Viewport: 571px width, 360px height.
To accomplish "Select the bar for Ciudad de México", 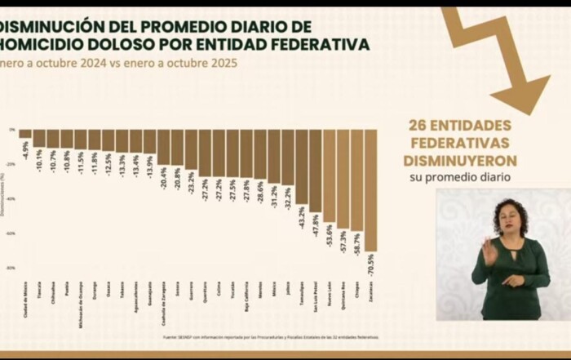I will pyautogui.click(x=25, y=133).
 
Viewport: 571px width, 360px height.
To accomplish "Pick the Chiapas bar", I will pyautogui.click(x=356, y=180).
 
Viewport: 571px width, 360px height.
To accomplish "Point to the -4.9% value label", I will pyautogui.click(x=25, y=148).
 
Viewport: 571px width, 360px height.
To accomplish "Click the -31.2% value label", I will pyautogui.click(x=273, y=196).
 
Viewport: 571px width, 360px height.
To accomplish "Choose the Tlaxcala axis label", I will pyautogui.click(x=39, y=289).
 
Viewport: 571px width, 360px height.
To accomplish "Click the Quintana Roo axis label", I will pyautogui.click(x=343, y=291).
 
